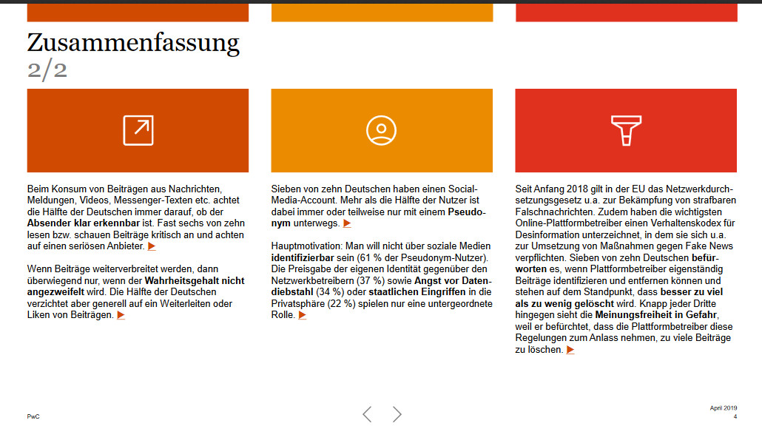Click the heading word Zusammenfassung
pyautogui.click(x=133, y=43)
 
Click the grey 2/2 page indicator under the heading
pyautogui.click(x=47, y=70)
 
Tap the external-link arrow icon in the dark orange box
pyautogui.click(x=138, y=130)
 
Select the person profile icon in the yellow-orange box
pyautogui.click(x=382, y=130)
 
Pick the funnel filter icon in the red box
pyautogui.click(x=626, y=130)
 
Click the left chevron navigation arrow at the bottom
pyautogui.click(x=367, y=414)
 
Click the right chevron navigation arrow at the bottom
pyautogui.click(x=397, y=414)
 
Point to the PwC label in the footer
pyautogui.click(x=33, y=416)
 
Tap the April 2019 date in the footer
pyautogui.click(x=724, y=408)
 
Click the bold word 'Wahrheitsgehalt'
pyautogui.click(x=185, y=281)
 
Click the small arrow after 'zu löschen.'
pyautogui.click(x=570, y=350)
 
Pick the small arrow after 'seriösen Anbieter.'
pyautogui.click(x=152, y=246)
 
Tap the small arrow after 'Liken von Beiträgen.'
pyautogui.click(x=121, y=315)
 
